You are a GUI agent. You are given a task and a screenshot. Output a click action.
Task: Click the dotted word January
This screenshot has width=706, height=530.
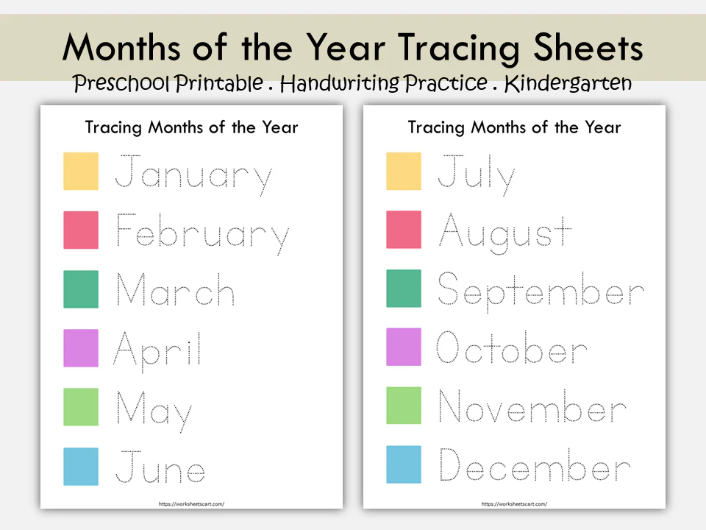coord(194,175)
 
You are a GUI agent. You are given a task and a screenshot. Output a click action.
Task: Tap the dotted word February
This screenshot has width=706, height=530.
coord(202,234)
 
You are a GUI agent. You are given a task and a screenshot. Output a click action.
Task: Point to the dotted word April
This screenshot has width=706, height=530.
coord(157,349)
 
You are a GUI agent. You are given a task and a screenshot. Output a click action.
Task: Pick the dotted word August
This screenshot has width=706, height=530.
coord(505,231)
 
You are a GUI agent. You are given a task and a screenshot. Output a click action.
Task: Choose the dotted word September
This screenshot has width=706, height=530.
coord(541,290)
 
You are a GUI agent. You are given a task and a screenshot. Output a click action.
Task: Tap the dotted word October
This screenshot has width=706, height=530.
coord(512,349)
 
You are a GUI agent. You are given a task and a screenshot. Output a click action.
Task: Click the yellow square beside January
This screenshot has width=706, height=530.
coord(81,171)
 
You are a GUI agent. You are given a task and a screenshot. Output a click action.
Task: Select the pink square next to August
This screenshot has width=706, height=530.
coord(404,230)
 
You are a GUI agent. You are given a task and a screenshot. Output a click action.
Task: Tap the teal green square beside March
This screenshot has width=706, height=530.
coord(81,289)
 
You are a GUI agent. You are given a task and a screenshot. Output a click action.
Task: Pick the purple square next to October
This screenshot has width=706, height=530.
coord(404,347)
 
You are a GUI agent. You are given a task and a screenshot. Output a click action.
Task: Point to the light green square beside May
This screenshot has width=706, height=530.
coord(81,406)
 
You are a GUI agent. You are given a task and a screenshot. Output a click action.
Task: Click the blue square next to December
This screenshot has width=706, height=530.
coord(404,465)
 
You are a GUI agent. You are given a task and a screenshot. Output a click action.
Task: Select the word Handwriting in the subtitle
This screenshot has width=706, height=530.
coord(340,84)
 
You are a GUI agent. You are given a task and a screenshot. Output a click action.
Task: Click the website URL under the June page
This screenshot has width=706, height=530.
coord(191,504)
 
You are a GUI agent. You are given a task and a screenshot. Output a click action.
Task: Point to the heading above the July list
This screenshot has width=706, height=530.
coord(514,127)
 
